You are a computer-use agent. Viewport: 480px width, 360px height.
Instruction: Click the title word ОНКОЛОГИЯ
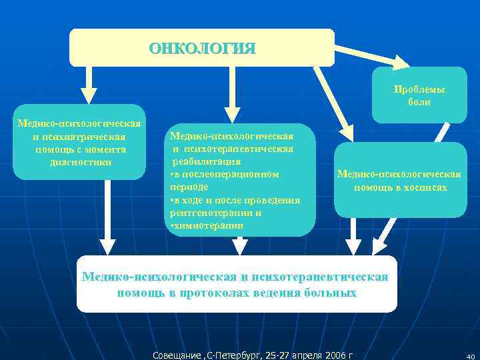tap(201, 49)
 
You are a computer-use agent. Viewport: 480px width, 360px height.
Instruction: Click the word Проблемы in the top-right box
tap(419, 90)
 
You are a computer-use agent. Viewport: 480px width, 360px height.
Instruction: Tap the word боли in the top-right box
tap(419, 102)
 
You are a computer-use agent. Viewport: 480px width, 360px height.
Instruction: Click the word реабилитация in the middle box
tap(207, 161)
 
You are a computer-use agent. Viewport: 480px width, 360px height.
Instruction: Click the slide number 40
tap(469, 356)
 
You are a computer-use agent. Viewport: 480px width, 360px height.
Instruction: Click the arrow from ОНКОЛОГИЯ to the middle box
tap(231, 93)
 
